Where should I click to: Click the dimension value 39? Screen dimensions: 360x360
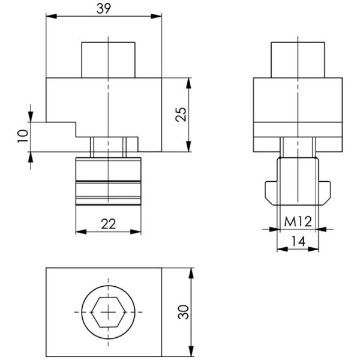104,8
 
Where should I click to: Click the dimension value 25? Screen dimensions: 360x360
181,114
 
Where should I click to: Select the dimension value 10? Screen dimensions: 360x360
23,136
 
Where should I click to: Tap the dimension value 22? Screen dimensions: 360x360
109,224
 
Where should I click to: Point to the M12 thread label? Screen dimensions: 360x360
298,221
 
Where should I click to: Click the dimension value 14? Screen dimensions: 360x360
298,241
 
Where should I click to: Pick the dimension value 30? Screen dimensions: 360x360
184,312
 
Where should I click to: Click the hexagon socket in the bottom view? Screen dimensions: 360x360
109,312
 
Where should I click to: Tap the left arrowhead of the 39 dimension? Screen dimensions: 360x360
52,16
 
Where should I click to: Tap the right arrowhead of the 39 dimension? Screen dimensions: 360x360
156,16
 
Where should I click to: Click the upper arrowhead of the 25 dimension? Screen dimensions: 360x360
188,83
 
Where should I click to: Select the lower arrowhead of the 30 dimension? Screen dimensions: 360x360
191,351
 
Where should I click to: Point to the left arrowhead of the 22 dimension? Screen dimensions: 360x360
81,232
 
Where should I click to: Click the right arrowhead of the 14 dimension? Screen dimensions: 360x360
313,249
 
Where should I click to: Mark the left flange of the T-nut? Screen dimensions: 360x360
272,193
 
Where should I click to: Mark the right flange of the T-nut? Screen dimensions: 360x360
325,193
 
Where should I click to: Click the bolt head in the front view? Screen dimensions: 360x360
109,60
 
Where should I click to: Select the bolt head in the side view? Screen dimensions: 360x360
298,60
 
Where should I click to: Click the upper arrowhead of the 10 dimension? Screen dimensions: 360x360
31,116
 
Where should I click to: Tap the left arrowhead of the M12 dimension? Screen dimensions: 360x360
275,229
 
